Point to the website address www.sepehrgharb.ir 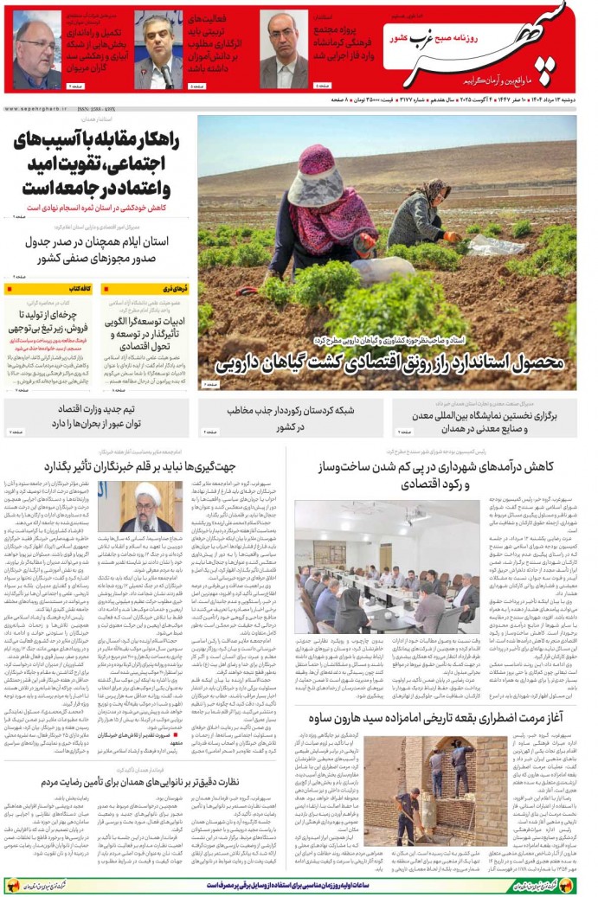[35, 109]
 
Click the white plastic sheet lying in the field [383, 270]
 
